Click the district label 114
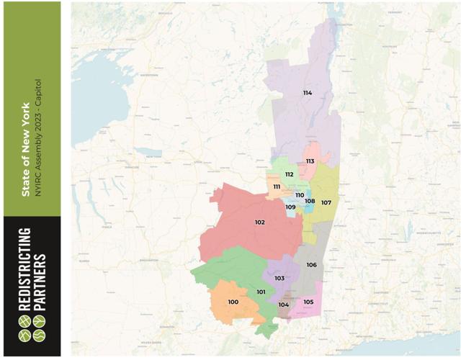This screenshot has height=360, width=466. [308, 93]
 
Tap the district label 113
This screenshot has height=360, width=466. [310, 161]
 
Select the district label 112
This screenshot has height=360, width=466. [289, 174]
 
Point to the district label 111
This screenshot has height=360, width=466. [277, 187]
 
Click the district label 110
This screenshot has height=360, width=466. [300, 195]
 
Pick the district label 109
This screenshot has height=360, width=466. [290, 207]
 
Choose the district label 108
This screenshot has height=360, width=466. [310, 202]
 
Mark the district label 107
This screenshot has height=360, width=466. [326, 202]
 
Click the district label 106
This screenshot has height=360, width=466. [311, 265]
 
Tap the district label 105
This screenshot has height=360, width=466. [308, 302]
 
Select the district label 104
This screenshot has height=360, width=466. [284, 305]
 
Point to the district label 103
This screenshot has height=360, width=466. [279, 278]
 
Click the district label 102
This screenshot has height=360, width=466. [259, 222]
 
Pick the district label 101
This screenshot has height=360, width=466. [261, 292]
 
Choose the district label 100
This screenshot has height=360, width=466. [233, 302]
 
